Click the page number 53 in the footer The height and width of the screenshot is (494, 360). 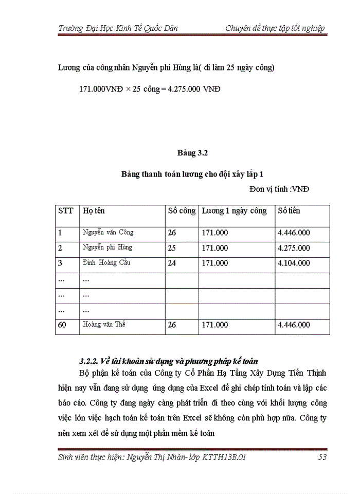pos(321,456)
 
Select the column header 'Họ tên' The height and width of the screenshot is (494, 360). pos(94,210)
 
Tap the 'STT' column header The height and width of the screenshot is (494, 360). pos(65,210)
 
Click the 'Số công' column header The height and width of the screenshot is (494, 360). pos(182,210)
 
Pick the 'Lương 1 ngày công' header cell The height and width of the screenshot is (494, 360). pos(234,210)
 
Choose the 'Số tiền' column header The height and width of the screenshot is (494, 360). pos(289,210)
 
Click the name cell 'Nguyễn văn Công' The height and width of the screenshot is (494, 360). pos(108,232)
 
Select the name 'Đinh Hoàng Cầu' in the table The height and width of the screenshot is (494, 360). pos(106,262)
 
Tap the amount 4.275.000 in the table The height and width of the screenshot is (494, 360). pos(294,248)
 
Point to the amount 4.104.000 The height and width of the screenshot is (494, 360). pos(294,263)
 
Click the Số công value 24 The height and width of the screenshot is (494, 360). pos(172,263)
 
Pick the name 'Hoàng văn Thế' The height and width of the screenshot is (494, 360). pos(104,324)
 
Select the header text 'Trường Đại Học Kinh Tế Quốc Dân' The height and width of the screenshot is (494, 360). pos(118,28)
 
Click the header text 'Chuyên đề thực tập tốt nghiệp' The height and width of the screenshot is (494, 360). pos(275,28)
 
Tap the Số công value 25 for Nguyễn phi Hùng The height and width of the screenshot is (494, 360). pos(172,248)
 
